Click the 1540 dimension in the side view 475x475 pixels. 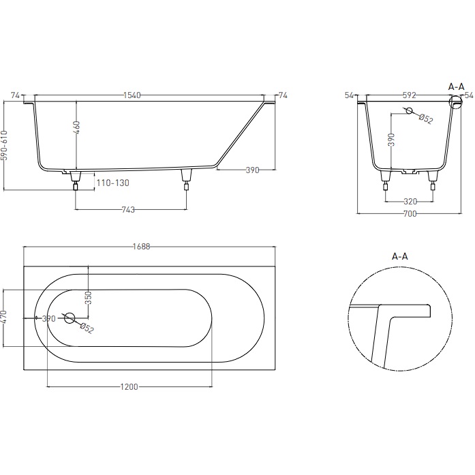click(x=132, y=95)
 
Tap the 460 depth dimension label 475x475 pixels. click(x=76, y=127)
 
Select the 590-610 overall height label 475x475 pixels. click(x=3, y=145)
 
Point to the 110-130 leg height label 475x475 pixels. click(x=112, y=183)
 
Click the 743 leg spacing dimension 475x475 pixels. click(x=128, y=210)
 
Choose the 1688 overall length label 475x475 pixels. click(x=142, y=247)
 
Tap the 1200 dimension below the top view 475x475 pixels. click(x=129, y=387)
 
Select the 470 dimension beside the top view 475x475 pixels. click(x=3, y=317)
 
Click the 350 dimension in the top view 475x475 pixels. click(x=88, y=298)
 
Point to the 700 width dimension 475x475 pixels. click(x=410, y=213)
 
